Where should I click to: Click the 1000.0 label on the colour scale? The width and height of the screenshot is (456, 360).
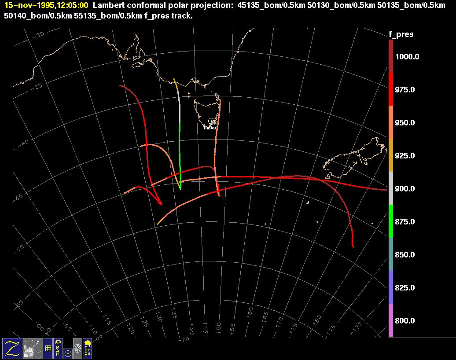[x=407, y=57]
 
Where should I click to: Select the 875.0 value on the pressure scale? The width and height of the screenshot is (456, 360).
[x=405, y=222]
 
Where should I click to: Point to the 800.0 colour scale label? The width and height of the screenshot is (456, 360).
[x=405, y=321]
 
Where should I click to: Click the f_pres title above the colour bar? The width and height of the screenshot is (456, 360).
[x=401, y=34]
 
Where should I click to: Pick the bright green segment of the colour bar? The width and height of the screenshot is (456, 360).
[x=391, y=221]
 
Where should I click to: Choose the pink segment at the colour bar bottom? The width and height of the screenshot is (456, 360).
[x=391, y=320]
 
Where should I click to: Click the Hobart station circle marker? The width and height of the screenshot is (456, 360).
[x=211, y=121]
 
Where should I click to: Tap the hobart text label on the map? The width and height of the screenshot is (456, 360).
[x=211, y=128]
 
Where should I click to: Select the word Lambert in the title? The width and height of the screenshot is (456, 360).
[x=107, y=6]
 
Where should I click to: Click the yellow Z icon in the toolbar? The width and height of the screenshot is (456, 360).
[x=12, y=348]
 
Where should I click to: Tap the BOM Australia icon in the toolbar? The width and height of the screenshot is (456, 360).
[x=87, y=348]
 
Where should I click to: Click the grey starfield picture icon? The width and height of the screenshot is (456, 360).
[x=33, y=348]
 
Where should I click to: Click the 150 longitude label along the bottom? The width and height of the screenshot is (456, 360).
[x=218, y=326]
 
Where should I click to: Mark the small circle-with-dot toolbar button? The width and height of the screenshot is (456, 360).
[x=67, y=353]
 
